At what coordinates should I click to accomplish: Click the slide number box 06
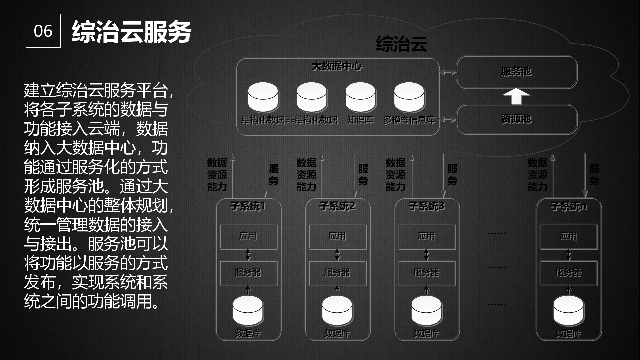[43, 31]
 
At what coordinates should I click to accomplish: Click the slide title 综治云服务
[131, 32]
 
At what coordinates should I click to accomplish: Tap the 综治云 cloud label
[401, 44]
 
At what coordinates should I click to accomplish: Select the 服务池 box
[516, 72]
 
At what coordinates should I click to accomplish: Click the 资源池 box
[516, 119]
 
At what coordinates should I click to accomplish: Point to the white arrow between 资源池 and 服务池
[516, 96]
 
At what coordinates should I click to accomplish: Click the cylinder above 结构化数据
[263, 97]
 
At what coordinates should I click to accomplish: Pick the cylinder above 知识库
[360, 97]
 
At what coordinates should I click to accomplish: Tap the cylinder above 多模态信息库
[409, 97]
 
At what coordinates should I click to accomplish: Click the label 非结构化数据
[312, 120]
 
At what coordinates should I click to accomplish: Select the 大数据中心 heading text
[337, 66]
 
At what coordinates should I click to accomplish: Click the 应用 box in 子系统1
[248, 237]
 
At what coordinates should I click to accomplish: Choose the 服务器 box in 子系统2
[337, 273]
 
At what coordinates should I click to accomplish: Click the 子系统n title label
[569, 207]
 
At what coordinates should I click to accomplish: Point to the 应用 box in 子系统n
[569, 237]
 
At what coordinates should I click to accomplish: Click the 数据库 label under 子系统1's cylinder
[248, 333]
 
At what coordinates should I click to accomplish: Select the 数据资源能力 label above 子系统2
[306, 175]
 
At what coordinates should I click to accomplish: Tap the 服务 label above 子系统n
[594, 175]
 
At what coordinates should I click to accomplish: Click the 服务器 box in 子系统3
[427, 273]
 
